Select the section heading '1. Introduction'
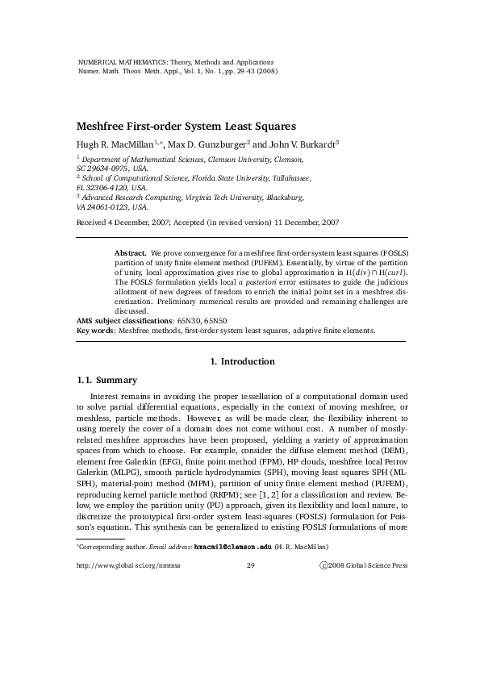click(x=241, y=361)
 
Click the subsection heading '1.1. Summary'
click(x=106, y=380)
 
